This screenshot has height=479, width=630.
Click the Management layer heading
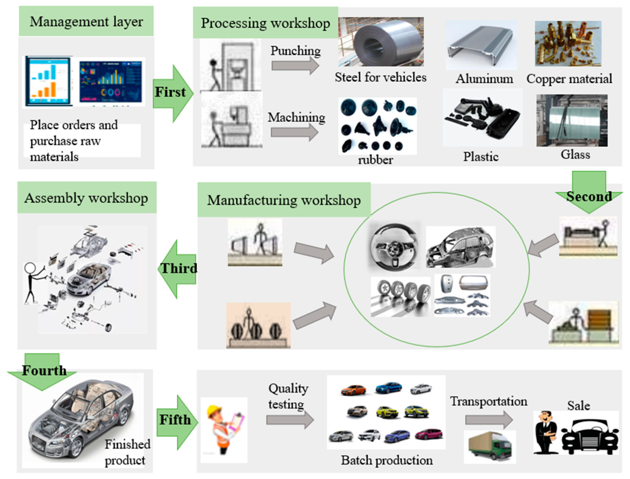coord(86,22)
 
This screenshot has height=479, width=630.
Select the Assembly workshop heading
coord(86,198)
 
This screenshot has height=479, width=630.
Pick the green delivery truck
coord(490,446)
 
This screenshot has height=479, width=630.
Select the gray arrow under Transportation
coord(489,419)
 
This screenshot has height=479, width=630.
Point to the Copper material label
coord(569,79)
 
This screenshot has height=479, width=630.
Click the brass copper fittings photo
coord(568,43)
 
